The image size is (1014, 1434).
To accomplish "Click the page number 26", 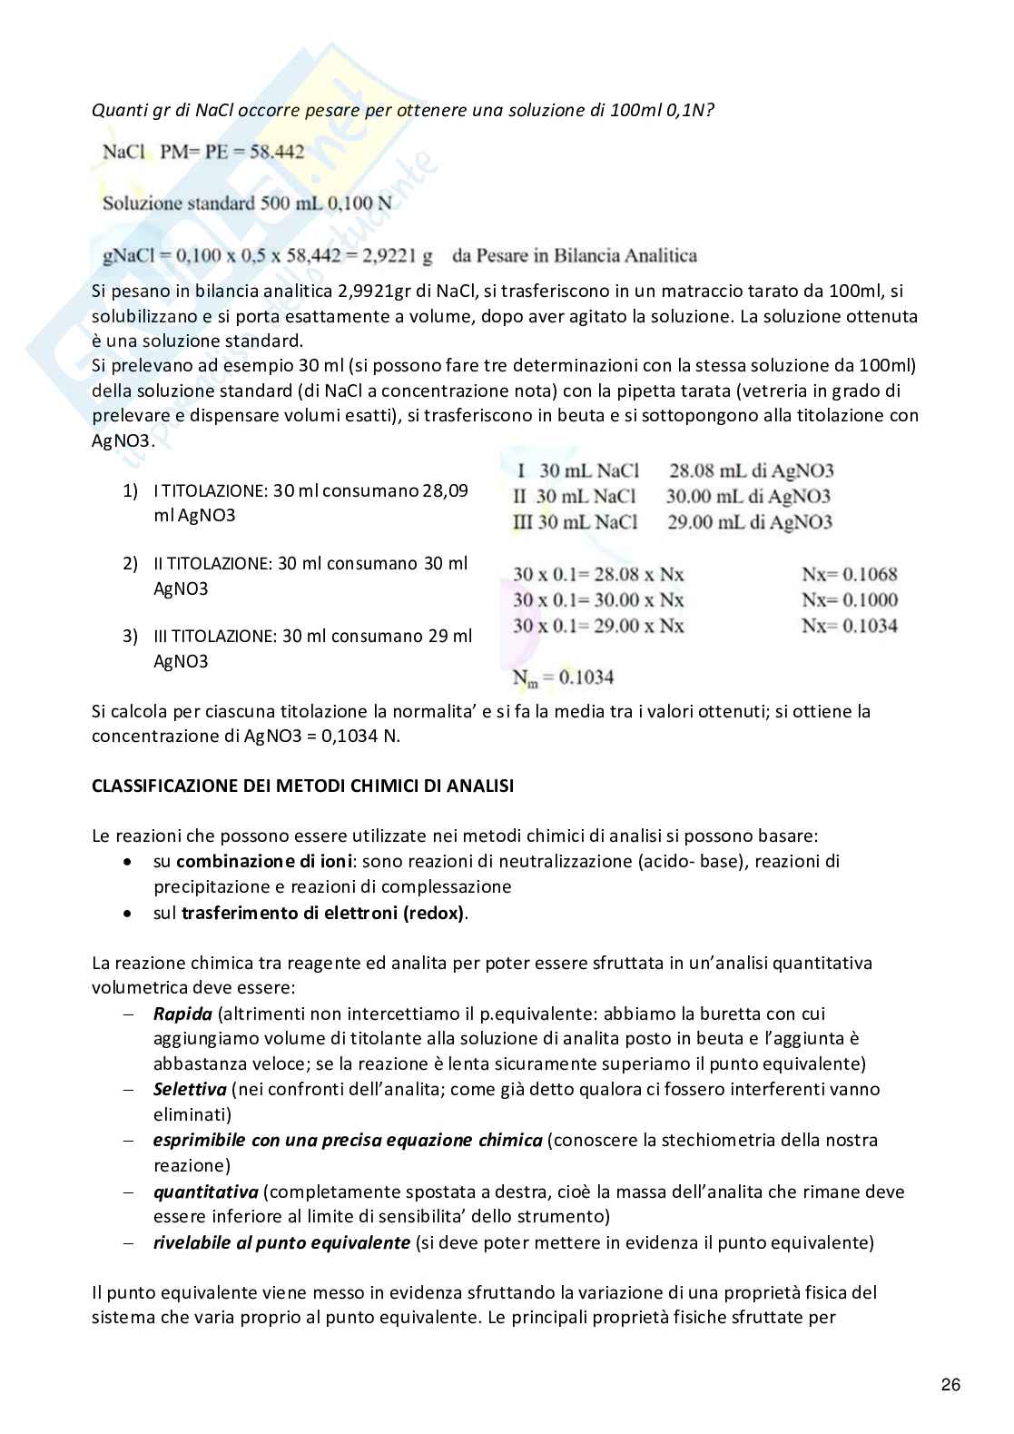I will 950,1385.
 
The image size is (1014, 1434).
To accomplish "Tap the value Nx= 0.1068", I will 849,574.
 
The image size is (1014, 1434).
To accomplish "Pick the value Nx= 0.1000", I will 849,599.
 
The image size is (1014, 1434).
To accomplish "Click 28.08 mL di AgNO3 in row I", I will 751,470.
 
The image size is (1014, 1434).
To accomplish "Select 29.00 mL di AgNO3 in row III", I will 749,521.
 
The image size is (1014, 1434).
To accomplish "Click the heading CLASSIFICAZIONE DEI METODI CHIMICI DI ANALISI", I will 302,786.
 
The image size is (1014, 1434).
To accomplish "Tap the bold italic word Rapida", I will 182,1013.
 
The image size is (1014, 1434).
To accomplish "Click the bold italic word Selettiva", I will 189,1089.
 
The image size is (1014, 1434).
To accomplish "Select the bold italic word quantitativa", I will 205,1191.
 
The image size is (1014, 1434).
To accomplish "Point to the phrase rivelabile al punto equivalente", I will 281,1241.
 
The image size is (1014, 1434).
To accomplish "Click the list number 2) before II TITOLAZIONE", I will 131,564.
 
